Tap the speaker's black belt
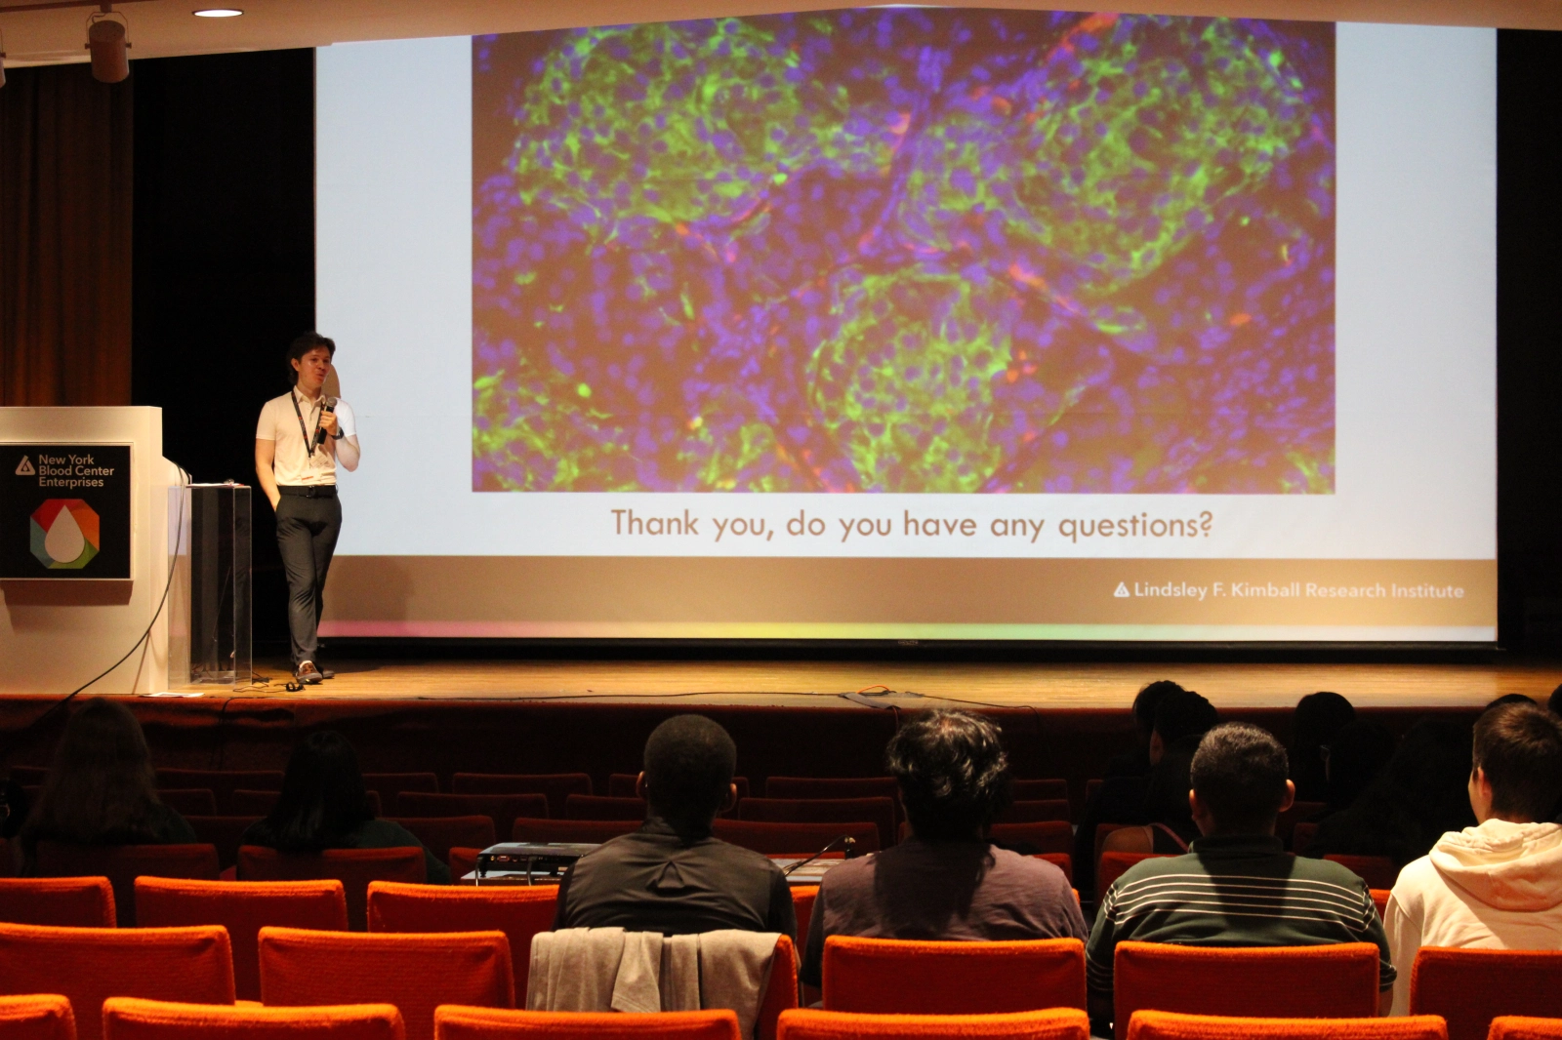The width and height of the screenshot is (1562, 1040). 308,491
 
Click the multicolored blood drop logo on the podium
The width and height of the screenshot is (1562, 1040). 64,534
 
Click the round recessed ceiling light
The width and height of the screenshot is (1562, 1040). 218,13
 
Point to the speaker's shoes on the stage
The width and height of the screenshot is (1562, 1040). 310,672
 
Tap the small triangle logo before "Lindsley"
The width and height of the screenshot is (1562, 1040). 1122,590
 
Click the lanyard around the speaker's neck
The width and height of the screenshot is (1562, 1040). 305,422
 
